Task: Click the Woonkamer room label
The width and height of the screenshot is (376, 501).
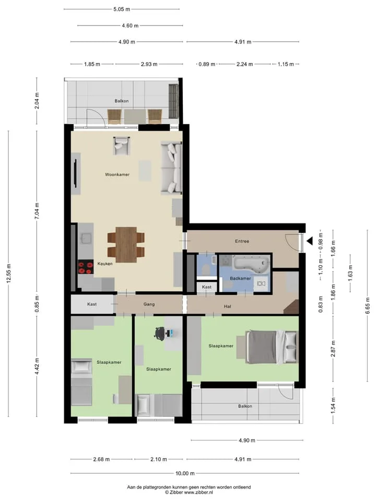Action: tap(118, 174)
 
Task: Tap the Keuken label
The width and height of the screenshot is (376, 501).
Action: tap(105, 264)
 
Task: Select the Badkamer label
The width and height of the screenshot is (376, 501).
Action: tap(240, 278)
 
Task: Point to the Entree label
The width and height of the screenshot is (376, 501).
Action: tap(242, 241)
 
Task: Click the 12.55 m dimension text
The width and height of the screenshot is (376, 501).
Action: tap(9, 273)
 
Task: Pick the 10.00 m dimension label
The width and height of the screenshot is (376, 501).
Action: tap(185, 473)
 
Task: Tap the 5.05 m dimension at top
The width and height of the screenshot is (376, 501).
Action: tap(122, 9)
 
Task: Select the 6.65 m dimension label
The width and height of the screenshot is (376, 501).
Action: tap(367, 306)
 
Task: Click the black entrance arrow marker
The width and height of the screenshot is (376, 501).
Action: tap(310, 241)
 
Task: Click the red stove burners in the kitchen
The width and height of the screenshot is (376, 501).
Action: tap(86, 267)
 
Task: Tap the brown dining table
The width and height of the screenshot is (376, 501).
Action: tap(126, 245)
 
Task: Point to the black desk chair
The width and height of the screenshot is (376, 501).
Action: tap(160, 333)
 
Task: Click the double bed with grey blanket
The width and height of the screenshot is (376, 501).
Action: tap(272, 347)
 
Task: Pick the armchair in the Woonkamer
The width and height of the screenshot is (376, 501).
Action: tap(122, 146)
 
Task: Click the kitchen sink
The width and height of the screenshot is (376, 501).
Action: tap(86, 238)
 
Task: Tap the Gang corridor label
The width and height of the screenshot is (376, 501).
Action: tap(149, 304)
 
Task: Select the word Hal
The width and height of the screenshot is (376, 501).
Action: tap(227, 306)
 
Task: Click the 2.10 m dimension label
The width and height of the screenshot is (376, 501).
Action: tap(159, 459)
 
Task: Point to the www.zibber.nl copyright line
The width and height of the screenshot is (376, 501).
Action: tap(189, 492)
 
